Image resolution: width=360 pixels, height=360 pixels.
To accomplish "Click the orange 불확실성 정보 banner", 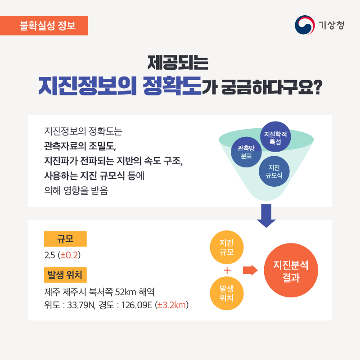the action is coord(44,26).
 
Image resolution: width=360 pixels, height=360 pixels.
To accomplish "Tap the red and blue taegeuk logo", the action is coord(305,25).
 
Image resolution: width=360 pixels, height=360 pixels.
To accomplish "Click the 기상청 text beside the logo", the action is coord(331,25).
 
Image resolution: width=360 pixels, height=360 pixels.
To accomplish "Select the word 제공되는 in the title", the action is coord(178,63).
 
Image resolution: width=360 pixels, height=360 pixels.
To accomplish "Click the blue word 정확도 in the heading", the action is coord(172,85).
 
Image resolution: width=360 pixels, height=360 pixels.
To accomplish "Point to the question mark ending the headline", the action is coord(318,87).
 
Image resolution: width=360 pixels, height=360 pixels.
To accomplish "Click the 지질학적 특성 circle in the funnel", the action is coord(275,137).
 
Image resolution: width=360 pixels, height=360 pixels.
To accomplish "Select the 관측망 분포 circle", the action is coord(246,152).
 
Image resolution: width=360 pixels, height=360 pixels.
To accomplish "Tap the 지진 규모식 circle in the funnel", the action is coord(274,171).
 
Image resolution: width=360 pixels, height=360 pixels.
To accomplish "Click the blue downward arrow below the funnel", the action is coord(266,216).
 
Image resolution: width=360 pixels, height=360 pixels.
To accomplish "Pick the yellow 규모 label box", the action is coord(65,239).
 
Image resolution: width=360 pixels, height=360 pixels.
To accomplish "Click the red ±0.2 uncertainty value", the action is coord(69,255).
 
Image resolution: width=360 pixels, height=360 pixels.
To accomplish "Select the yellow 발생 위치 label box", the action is coord(65,275).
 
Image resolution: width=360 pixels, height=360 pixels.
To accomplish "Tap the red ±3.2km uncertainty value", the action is coord(171,305).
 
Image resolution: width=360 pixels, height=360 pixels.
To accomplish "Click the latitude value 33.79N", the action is coord(81,306).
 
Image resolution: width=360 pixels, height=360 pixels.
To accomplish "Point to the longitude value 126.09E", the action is coord(137,306).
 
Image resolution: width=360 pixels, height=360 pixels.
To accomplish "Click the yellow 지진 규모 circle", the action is coord(227,247).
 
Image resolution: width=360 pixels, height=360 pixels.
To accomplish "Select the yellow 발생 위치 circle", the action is coord(227,293).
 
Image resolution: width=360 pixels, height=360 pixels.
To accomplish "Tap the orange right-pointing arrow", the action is coord(250,270).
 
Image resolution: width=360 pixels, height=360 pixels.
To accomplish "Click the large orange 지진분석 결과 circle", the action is coord(291,270).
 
